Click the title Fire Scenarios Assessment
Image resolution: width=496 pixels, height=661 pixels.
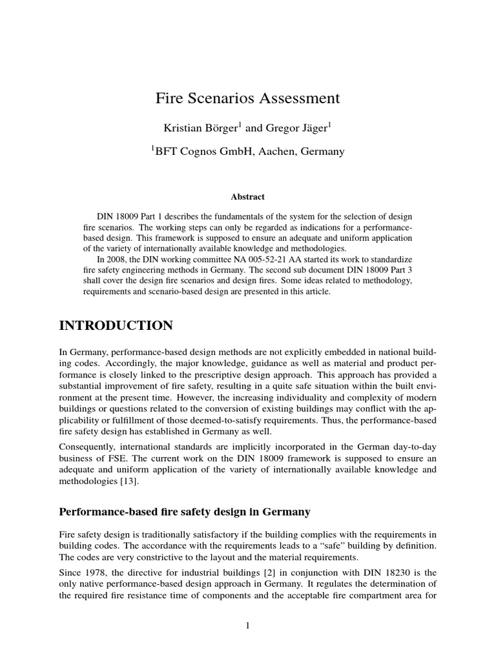[x=247, y=98]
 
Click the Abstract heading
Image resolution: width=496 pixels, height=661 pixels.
[x=248, y=197]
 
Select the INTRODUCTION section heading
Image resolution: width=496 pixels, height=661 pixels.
[x=116, y=326]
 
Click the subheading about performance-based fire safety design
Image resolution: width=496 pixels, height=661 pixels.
[x=185, y=512]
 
